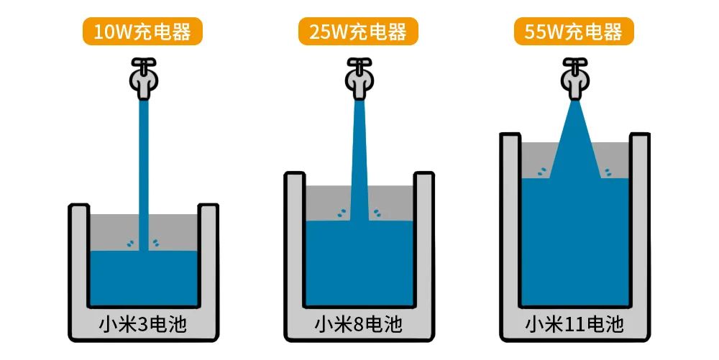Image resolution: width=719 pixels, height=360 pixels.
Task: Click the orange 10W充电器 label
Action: pos(142,32)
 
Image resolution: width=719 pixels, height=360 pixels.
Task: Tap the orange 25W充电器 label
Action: pos(358,32)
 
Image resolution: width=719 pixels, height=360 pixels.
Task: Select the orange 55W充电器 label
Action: pos(574,32)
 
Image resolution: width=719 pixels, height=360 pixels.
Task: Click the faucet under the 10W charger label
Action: pos(144,78)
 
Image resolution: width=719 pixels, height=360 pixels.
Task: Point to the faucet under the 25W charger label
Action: pos(359,78)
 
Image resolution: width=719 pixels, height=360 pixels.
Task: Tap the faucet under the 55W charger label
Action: pos(575,78)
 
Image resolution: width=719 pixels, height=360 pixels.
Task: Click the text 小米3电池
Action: pos(143,325)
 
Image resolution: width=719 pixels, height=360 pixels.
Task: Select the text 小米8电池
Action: pos(359,325)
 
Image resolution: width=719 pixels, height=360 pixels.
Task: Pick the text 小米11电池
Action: pos(574,325)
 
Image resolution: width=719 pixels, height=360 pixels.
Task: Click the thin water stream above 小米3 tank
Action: pos(144,175)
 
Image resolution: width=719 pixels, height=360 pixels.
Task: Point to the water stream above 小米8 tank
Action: pos(359,160)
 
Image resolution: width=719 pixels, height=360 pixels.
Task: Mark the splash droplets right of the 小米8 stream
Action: pos(377,213)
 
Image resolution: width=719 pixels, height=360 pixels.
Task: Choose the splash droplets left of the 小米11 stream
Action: pos(542,171)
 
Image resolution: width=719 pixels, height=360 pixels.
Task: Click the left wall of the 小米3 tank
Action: pos(79,256)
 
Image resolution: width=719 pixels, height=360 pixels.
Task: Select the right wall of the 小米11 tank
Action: pos(640,220)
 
